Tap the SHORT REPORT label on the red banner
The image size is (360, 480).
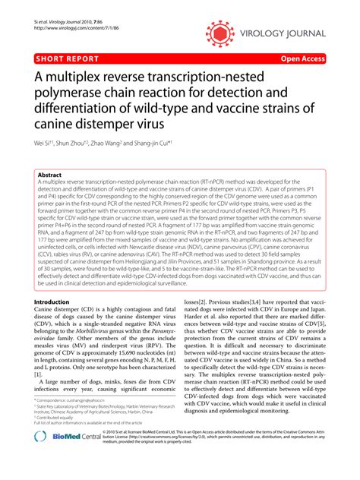66,58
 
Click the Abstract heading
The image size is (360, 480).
49,175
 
